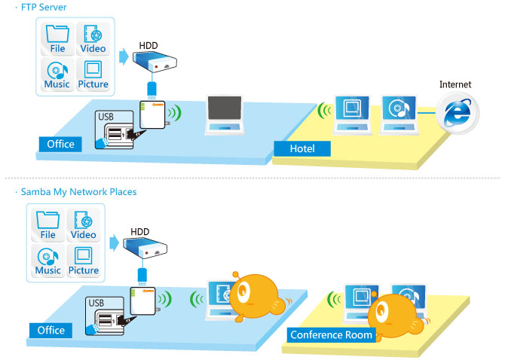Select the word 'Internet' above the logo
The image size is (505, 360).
point(455,84)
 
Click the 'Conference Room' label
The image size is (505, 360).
point(332,334)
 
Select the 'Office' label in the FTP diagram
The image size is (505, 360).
point(60,144)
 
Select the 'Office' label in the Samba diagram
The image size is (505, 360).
point(51,330)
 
